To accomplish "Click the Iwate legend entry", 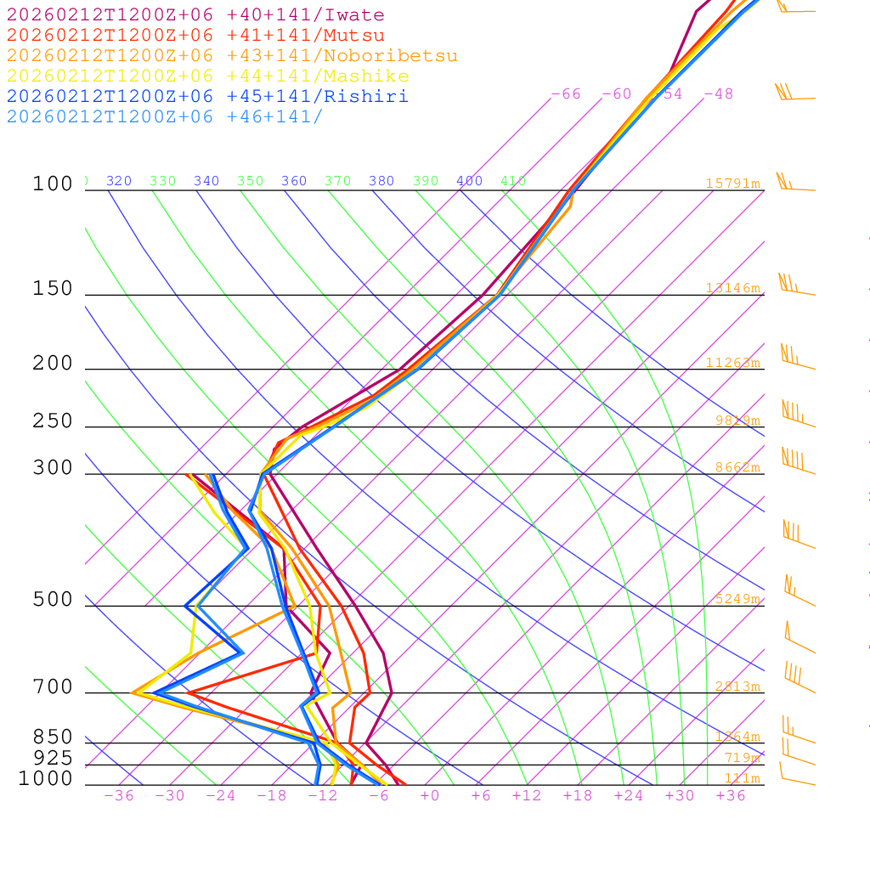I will (195, 15).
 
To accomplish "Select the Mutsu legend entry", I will (195, 36).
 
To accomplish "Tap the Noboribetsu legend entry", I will (232, 56).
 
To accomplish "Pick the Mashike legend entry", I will (208, 76).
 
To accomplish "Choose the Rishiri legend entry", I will (208, 97).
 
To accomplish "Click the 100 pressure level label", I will (53, 184).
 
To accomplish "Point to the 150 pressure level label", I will (53, 289).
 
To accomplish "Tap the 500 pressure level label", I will (53, 600).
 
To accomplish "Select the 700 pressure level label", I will (53, 687).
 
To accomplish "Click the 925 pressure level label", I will (53, 758).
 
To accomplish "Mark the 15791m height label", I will (733, 184).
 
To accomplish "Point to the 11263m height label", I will (733, 363).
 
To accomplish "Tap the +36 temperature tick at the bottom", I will (731, 796).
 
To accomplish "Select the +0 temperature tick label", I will (430, 796).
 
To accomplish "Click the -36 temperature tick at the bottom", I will (119, 796).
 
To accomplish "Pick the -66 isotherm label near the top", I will (566, 94).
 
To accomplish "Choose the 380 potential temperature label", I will (381, 181).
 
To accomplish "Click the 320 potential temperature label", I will (119, 181).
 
